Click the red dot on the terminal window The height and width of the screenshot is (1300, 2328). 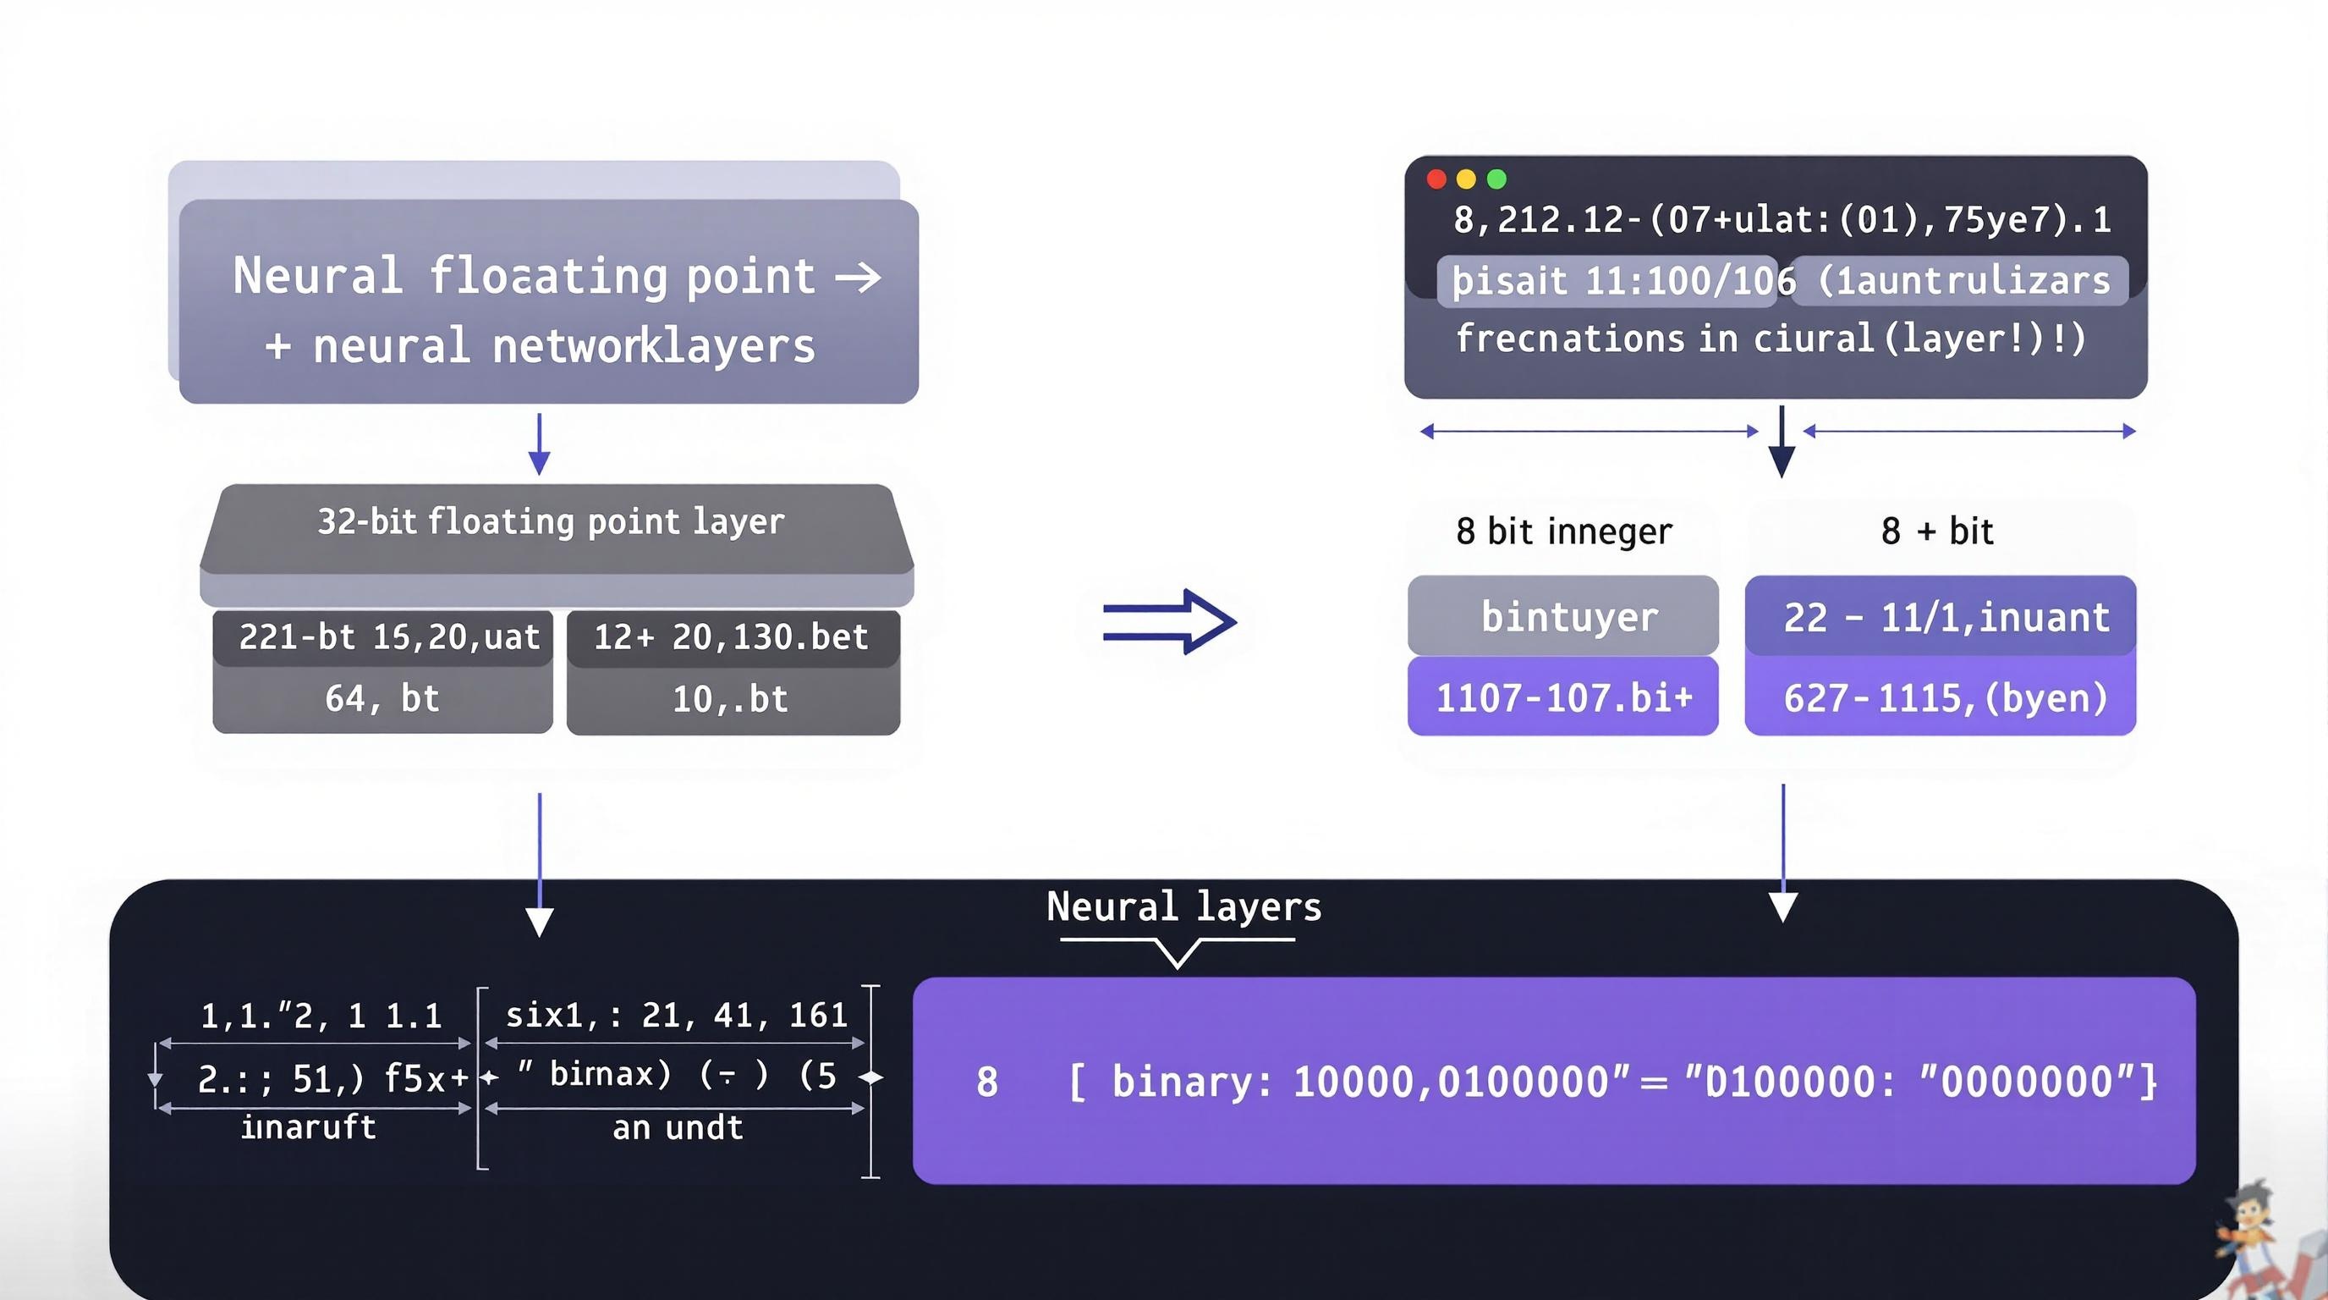point(1436,179)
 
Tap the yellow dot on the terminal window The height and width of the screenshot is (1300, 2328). point(1466,179)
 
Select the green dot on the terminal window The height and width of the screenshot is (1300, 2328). point(1496,179)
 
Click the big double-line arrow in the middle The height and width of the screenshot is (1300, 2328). point(1169,622)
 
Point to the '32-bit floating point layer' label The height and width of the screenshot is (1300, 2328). point(551,521)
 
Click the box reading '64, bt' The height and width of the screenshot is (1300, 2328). point(382,699)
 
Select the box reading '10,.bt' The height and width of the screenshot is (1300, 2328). point(730,699)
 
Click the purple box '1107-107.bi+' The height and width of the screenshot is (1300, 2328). point(1562,697)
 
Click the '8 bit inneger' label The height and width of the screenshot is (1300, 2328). point(1563,531)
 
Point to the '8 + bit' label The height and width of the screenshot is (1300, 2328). point(1936,531)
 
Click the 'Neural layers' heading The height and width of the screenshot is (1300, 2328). point(1183,906)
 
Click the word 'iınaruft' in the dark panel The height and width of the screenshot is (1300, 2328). point(308,1127)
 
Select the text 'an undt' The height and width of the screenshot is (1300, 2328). point(678,1127)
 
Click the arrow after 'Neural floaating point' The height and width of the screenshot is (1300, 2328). point(858,277)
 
